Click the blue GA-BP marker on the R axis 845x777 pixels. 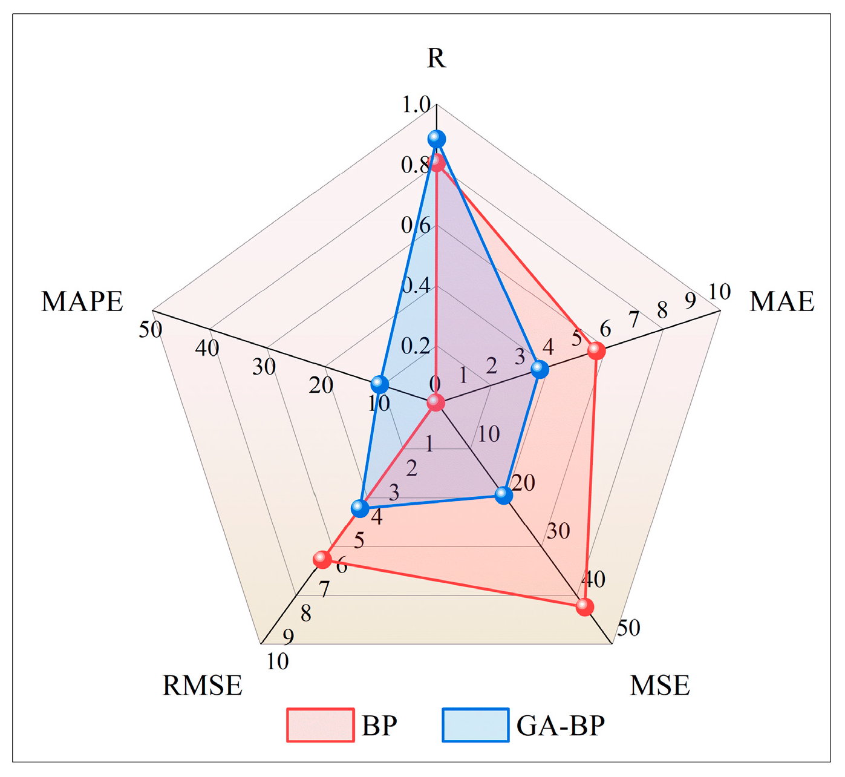point(436,139)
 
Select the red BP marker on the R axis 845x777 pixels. point(437,163)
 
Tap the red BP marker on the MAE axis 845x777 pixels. point(596,350)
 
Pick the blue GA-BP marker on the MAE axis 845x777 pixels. point(540,369)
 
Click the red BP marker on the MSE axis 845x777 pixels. point(584,606)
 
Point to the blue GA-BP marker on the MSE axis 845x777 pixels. point(503,495)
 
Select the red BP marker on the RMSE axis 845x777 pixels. point(323,559)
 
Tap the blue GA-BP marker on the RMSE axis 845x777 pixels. point(360,508)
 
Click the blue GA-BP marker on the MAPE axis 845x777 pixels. point(379,384)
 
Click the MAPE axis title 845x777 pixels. point(82,301)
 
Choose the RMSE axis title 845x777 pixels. point(203,686)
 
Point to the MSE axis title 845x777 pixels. point(660,686)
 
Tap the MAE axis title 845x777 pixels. point(782,301)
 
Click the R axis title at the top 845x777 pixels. point(436,58)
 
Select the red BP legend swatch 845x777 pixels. point(320,725)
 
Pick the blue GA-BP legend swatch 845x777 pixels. point(475,725)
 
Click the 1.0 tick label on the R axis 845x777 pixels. point(416,105)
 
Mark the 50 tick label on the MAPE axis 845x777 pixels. point(151,330)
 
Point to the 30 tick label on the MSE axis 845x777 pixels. point(558,531)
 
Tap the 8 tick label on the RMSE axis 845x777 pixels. point(306,614)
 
